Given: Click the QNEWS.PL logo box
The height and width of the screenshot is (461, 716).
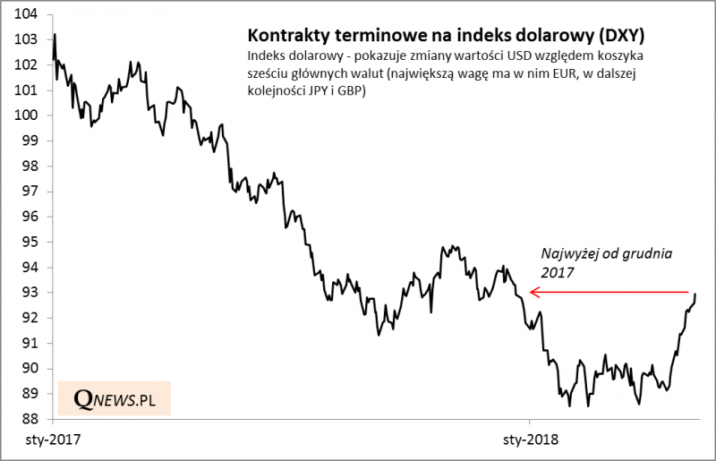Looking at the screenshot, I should tap(115, 400).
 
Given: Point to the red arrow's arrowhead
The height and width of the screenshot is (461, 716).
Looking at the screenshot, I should tap(532, 292).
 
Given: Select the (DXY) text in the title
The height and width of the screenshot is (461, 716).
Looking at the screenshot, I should tap(624, 37).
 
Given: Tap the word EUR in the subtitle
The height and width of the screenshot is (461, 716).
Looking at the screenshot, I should tap(517, 73).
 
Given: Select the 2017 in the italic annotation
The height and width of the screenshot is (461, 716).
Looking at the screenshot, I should tap(557, 271).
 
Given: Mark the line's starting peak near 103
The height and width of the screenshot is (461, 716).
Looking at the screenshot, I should tap(55, 35).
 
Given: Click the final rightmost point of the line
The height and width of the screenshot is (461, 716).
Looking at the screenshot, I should tap(696, 295).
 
